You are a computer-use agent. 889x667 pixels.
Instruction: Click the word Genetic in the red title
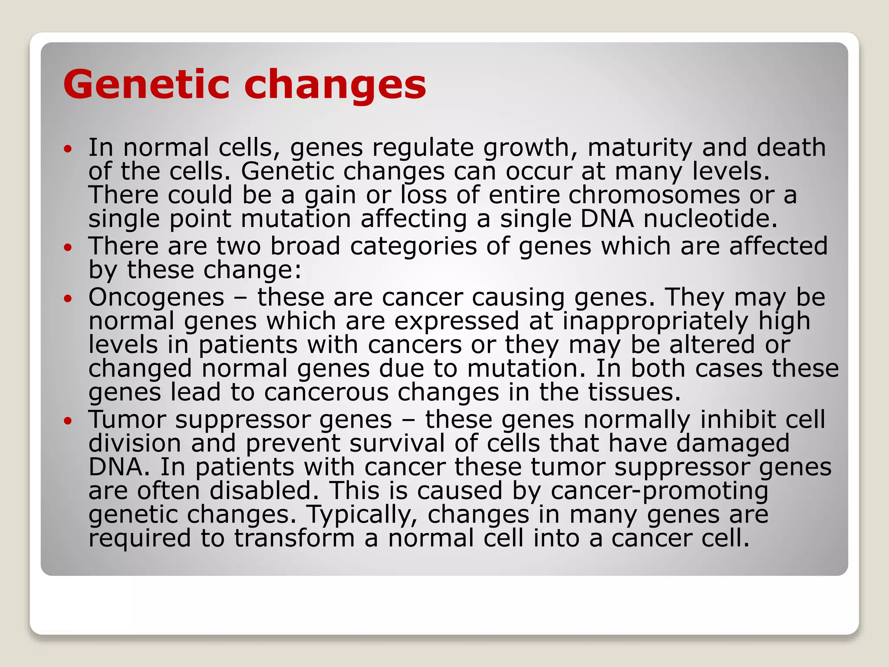[x=146, y=85]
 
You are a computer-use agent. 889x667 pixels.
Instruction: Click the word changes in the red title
[x=335, y=86]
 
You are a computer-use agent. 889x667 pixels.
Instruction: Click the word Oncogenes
[x=156, y=298]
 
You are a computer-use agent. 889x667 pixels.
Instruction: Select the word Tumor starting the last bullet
[x=127, y=420]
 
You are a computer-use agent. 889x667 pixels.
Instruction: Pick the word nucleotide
[x=710, y=218]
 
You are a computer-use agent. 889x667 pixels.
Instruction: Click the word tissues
[x=634, y=392]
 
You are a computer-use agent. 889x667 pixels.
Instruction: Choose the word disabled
[x=267, y=491]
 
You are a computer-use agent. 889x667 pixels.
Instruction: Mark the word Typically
[x=359, y=515]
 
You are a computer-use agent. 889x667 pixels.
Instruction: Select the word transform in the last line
[x=295, y=538]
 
